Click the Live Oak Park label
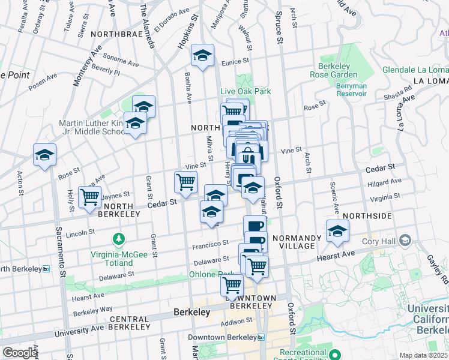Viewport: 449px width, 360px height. [x=246, y=91]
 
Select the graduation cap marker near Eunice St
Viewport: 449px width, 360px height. [x=203, y=56]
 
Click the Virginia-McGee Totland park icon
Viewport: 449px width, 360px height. [x=119, y=239]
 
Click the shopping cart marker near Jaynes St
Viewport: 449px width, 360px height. [x=90, y=196]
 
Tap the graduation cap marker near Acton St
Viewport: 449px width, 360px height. [x=44, y=155]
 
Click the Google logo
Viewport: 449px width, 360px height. [x=20, y=353]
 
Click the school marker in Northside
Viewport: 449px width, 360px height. [x=337, y=230]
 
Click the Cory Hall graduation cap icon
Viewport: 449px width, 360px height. [x=406, y=241]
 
